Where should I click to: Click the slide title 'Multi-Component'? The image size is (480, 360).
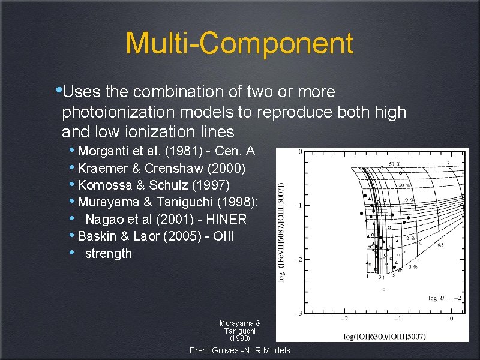(x=239, y=43)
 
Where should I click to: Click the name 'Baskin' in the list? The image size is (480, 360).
(x=98, y=236)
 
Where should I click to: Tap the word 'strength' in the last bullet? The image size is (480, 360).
(x=109, y=254)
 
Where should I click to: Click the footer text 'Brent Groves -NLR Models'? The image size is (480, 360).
(x=239, y=350)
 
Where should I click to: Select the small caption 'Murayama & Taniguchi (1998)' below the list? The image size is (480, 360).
(x=239, y=331)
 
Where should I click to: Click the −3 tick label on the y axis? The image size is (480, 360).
(x=298, y=314)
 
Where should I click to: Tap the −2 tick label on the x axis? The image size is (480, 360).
(x=344, y=319)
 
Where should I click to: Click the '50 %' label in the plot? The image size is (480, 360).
(x=394, y=163)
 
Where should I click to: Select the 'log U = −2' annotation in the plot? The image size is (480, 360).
(x=445, y=298)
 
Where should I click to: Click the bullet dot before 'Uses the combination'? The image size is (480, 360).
(x=58, y=91)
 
